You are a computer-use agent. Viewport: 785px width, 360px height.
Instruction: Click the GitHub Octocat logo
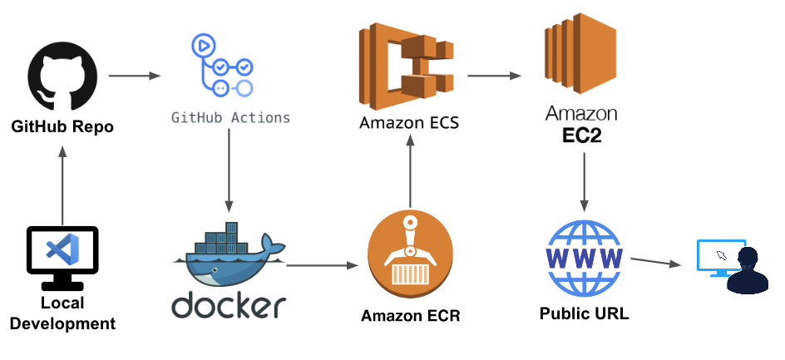point(62,77)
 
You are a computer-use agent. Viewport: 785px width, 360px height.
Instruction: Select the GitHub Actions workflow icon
point(222,66)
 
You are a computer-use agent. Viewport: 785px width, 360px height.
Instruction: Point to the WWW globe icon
point(583,257)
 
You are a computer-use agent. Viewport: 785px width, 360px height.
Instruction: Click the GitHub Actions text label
point(230,118)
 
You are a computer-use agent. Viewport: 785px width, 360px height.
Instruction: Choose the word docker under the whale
point(229,304)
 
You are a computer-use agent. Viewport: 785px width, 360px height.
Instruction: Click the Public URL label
point(584,313)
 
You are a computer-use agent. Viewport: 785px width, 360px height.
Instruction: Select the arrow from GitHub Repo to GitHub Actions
point(133,76)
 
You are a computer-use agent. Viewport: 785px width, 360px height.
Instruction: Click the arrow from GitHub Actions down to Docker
point(229,175)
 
